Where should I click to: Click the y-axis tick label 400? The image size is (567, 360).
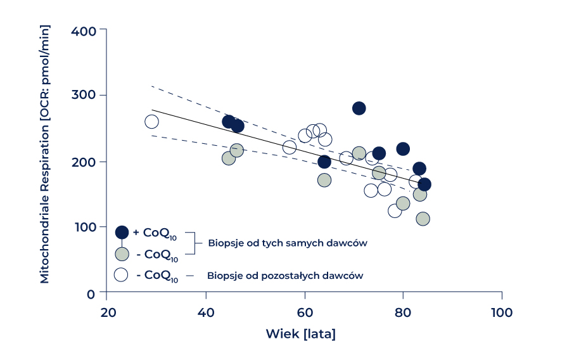[84, 30]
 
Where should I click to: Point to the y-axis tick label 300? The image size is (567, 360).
[84, 96]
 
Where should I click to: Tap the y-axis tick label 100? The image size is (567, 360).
[84, 227]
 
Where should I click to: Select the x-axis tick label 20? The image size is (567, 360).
[107, 312]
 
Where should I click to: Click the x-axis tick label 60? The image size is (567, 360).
[305, 312]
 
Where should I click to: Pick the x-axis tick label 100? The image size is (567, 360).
[502, 312]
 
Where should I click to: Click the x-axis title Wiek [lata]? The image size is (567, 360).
[300, 334]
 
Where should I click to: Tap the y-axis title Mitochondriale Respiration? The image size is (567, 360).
[44, 155]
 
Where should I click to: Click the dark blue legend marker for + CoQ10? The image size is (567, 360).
[122, 232]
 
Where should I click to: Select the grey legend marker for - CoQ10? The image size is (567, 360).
[122, 254]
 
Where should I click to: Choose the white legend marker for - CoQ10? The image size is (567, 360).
[122, 275]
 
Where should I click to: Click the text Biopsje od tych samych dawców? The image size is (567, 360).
[288, 243]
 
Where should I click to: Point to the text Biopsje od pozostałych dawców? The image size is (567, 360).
[285, 276]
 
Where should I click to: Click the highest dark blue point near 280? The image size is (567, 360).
[359, 108]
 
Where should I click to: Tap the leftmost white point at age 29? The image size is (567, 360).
[151, 122]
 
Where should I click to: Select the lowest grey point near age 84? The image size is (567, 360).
[423, 219]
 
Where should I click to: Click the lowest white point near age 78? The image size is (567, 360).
[395, 210]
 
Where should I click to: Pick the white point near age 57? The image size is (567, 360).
[290, 148]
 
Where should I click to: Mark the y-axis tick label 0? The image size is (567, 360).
[91, 293]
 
